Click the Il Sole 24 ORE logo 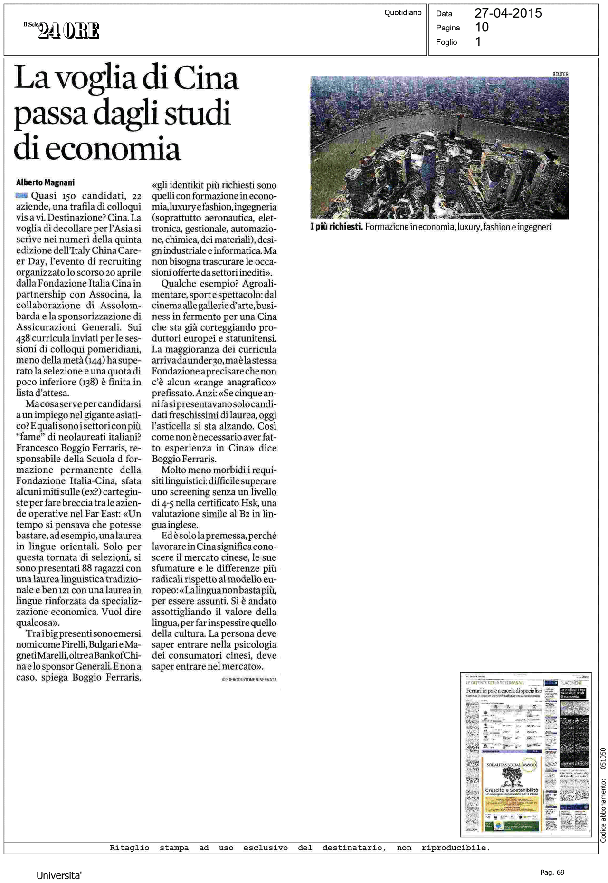pos(62,31)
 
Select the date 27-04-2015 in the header pos(508,13)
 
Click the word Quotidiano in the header pos(403,13)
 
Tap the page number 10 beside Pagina pos(482,28)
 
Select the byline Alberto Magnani pos(45,182)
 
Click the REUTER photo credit pos(560,74)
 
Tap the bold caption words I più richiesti pos(336,227)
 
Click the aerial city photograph pos(439,147)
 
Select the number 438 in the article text pos(24,338)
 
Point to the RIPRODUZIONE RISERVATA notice pos(249,680)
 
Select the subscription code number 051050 pos(603,758)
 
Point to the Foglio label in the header pos(446,42)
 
